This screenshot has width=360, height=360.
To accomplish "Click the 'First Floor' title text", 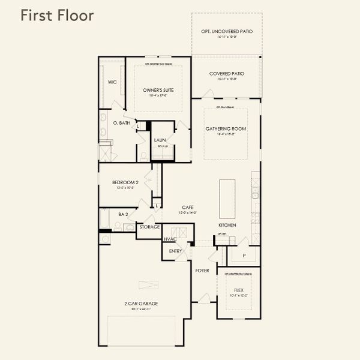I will point(57,16).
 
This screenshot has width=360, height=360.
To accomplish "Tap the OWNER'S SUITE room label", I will point(158,89).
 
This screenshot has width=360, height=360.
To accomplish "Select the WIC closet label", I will point(112,82).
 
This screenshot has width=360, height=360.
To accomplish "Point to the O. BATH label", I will point(122,123).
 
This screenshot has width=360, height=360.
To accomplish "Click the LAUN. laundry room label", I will point(160,140).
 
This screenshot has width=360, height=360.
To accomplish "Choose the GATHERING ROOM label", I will point(226,129).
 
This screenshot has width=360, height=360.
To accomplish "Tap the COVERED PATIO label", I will point(226,73).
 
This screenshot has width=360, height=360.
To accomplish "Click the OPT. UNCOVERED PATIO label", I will point(226,31).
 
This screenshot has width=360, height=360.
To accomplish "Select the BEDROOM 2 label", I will point(125,182).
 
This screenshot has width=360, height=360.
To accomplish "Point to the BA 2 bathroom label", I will point(123,214).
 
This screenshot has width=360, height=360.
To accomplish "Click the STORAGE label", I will point(149,227).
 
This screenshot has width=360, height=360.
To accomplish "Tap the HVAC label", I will point(170,239).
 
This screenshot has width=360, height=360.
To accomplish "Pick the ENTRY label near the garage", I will point(175,251).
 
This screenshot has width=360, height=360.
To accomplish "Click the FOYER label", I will point(202,271).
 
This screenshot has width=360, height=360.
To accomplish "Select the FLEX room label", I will point(239,290).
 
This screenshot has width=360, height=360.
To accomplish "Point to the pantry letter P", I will point(244,256).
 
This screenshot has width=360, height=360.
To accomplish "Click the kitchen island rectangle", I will point(227,199).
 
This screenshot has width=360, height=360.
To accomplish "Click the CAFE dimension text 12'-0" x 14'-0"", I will point(188,213).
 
